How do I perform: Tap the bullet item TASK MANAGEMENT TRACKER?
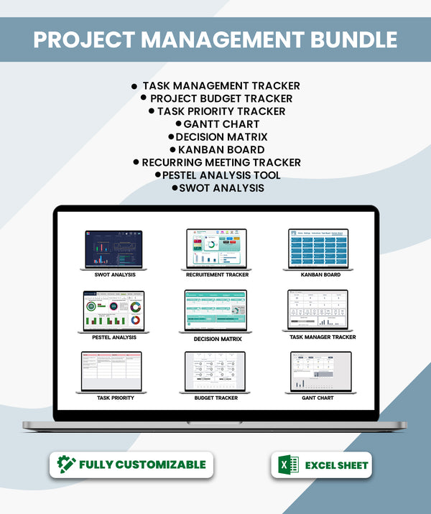click(221, 85)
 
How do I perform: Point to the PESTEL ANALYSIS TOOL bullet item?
click(221, 175)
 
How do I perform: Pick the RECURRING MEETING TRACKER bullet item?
click(221, 162)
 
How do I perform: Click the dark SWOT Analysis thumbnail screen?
click(113, 248)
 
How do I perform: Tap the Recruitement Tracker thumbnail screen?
click(216, 247)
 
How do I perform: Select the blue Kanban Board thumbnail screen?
click(318, 247)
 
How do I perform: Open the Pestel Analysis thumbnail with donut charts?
click(114, 310)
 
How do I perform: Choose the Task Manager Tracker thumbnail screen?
click(318, 309)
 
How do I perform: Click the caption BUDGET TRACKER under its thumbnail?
click(216, 398)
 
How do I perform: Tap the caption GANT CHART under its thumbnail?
click(317, 398)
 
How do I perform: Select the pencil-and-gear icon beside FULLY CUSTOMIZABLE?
click(66, 464)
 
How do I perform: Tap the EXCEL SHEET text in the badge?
click(336, 465)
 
